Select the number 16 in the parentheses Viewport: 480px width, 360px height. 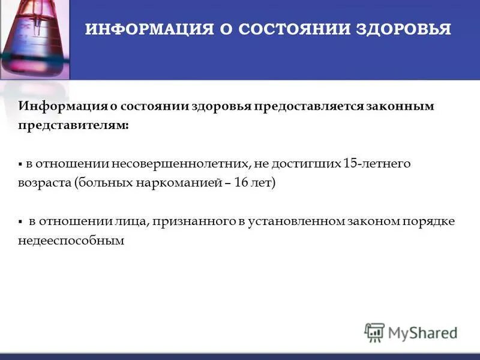(241, 183)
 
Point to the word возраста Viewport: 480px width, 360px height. (44, 183)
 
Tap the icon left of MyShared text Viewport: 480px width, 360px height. (374, 332)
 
